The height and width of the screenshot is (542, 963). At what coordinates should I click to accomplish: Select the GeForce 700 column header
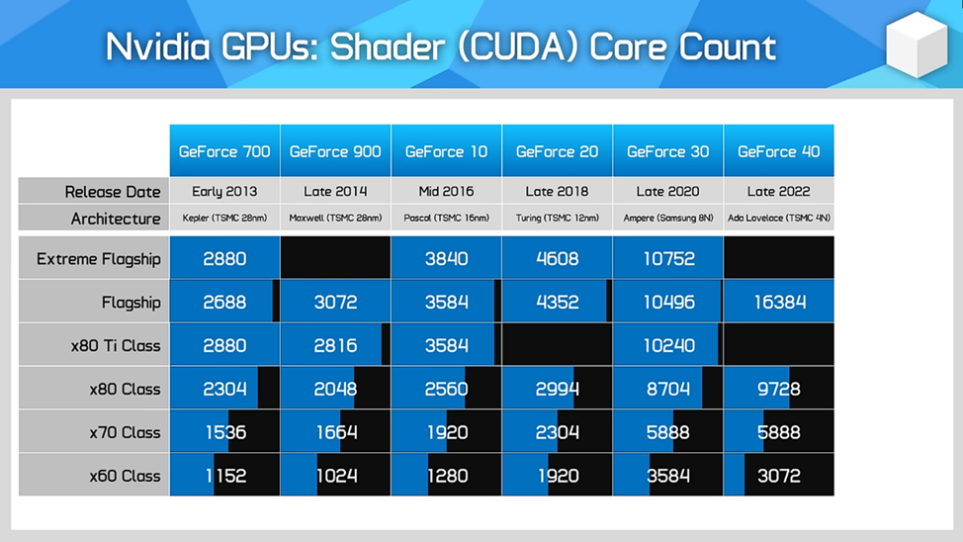224,151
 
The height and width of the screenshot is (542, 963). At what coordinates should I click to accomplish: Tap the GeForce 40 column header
779,151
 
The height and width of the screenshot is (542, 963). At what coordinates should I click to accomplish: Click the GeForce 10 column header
446,151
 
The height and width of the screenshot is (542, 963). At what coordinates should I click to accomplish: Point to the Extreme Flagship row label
98,259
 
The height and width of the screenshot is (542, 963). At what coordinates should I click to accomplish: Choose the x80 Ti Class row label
115,346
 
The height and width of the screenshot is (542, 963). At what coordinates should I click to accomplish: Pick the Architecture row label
115,219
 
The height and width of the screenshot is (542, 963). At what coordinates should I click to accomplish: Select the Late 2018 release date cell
557,191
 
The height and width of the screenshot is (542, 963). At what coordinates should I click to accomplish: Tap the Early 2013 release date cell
224,191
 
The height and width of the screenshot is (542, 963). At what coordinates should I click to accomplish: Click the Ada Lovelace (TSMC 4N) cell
779,218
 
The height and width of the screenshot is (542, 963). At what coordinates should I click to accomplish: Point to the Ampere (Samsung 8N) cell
668,218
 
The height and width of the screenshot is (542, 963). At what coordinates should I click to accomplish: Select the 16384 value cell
779,302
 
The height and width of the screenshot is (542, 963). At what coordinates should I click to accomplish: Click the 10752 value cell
668,259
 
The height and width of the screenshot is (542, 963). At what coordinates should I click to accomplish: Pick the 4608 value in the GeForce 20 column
558,259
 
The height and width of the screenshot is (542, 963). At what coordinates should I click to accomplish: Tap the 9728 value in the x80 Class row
779,389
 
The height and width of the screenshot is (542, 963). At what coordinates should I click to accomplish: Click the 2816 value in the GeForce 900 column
335,346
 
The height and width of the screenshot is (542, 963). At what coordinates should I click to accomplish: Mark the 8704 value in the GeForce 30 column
668,389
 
